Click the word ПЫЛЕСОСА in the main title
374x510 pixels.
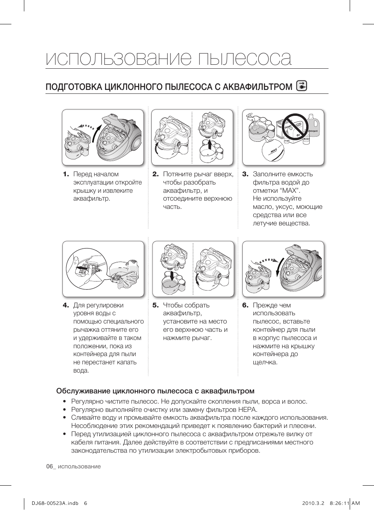point(245,59)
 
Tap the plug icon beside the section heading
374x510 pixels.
point(302,86)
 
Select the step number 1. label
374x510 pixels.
point(66,174)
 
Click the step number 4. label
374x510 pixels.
point(66,305)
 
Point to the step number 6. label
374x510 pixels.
point(245,305)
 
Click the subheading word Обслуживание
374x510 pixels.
point(83,391)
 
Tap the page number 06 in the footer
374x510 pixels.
point(49,466)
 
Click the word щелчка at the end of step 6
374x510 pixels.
point(265,362)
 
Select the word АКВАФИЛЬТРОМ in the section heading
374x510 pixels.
point(257,87)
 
